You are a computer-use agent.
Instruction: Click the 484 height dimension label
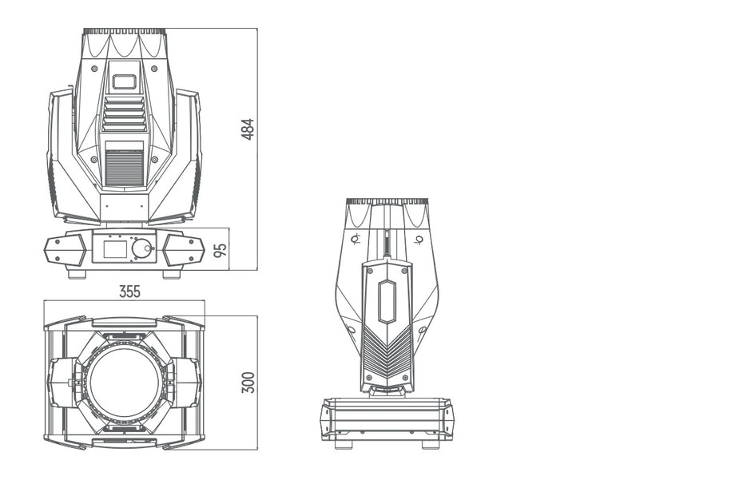click(248, 129)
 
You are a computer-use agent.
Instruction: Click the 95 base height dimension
click(221, 249)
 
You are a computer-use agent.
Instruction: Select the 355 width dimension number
click(129, 292)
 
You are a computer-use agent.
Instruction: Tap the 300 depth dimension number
click(248, 382)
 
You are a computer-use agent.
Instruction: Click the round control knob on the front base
click(141, 249)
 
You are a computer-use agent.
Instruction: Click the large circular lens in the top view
click(124, 382)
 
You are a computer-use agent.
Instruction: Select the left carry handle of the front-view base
click(66, 250)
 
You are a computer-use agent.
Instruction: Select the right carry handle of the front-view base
click(183, 250)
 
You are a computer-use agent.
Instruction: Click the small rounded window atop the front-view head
click(124, 81)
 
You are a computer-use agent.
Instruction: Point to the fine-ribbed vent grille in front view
click(124, 168)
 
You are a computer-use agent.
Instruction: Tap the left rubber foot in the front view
click(77, 274)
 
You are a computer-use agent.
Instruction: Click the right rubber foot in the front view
click(171, 274)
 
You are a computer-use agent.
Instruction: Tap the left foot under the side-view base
click(344, 444)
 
